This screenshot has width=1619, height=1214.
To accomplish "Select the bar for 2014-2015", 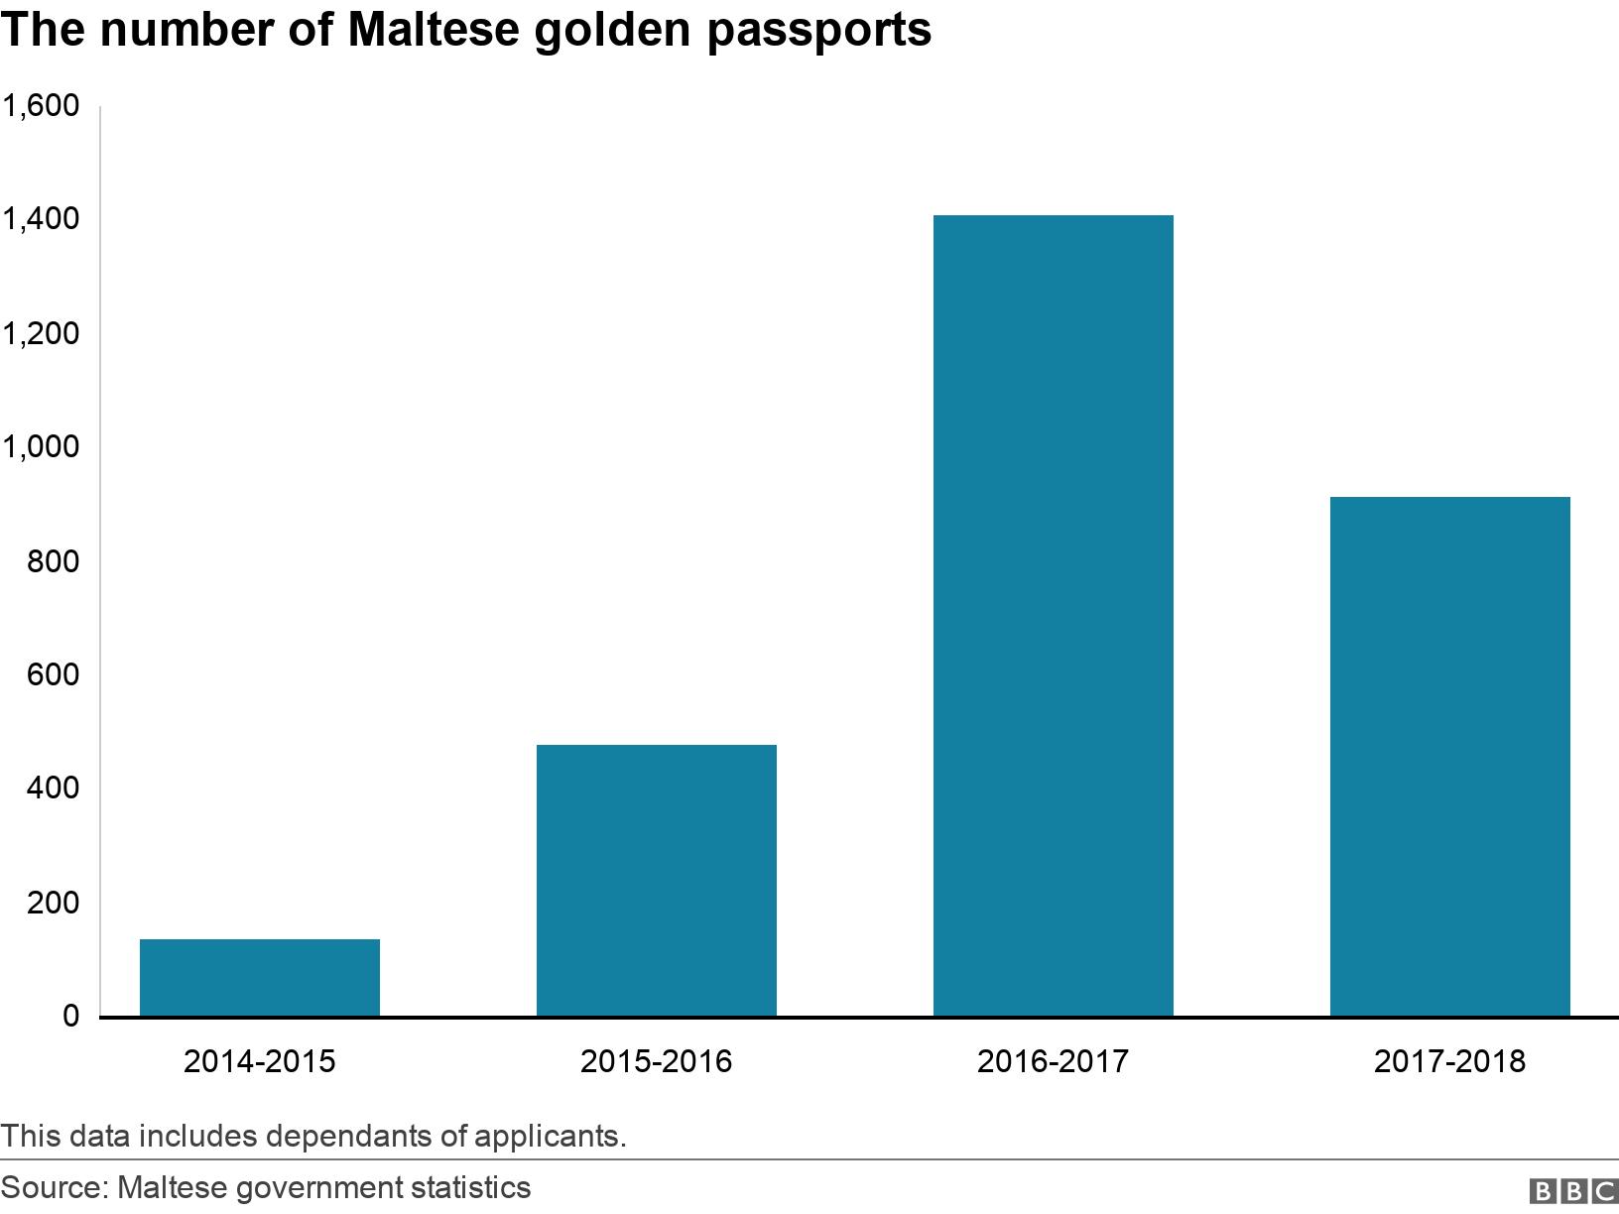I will click(260, 977).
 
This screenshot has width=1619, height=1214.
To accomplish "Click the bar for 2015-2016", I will click(657, 880).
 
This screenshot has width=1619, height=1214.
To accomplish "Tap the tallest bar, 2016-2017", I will click(1054, 615).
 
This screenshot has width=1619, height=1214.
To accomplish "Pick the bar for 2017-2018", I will click(1450, 756).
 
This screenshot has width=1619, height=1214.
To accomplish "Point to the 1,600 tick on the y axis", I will click(41, 105).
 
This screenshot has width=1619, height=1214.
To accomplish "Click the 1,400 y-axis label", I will click(41, 219).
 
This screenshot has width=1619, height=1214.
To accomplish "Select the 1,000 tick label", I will click(41, 447).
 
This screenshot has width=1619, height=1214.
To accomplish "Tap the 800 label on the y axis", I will click(55, 561).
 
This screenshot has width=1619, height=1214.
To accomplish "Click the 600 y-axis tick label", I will click(55, 675).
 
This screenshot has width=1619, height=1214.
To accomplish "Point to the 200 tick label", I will click(55, 904).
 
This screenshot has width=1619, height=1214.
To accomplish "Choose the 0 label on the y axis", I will click(70, 1017).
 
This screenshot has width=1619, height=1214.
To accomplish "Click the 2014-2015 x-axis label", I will click(260, 1061).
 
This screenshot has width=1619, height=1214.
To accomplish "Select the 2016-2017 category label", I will click(1054, 1061).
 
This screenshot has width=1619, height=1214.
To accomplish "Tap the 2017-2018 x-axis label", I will click(1450, 1061).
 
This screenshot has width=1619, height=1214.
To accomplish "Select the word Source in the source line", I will click(53, 1187).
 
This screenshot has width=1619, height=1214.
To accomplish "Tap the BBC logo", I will click(1572, 1190).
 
